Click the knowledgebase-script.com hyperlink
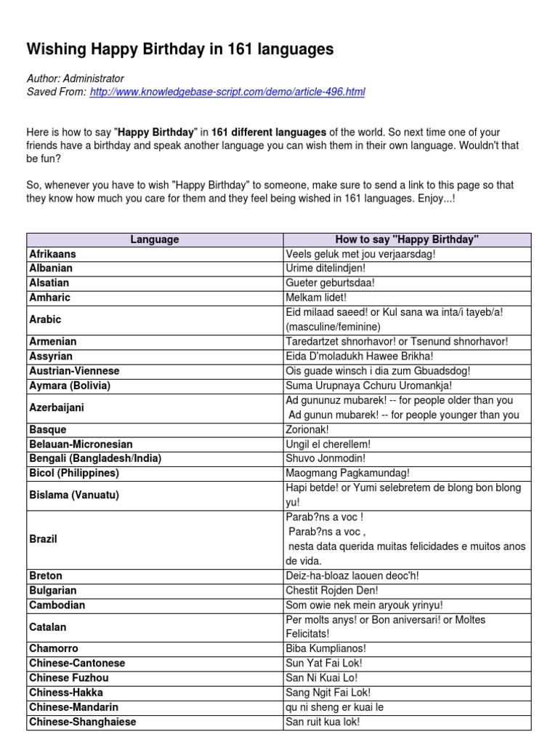227,92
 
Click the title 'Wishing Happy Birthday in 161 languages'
180,49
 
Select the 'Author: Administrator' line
75,79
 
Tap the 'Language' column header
155,239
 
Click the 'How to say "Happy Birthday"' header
407,239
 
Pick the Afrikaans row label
52,254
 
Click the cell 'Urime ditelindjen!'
325,268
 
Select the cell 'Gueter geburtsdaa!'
331,283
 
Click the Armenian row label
52,341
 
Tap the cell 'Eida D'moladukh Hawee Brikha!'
360,356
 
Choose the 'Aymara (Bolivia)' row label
70,386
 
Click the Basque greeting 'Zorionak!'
307,429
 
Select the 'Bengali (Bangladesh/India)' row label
95,458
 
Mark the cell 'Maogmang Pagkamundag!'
348,473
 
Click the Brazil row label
43,539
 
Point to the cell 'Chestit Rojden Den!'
332,590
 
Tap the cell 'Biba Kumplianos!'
325,648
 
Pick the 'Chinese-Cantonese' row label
77,663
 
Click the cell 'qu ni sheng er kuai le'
335,707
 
